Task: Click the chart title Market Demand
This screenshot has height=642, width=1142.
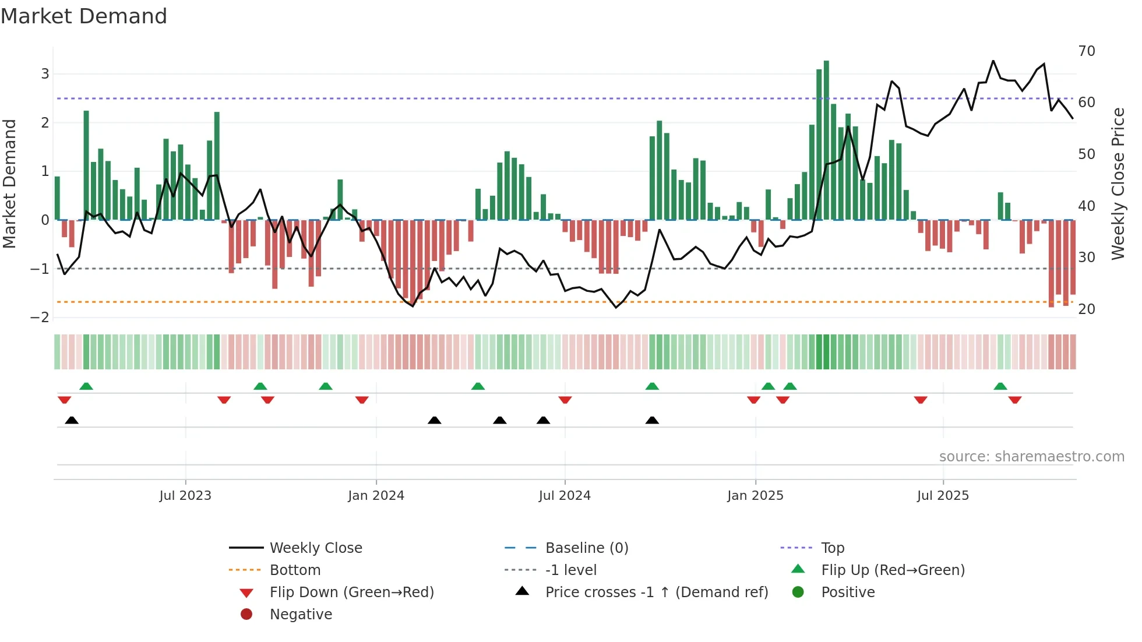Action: point(84,16)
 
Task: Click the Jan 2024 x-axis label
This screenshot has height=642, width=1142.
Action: point(376,496)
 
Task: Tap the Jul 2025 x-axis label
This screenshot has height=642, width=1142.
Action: point(943,496)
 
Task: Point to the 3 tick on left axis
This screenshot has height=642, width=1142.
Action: point(45,74)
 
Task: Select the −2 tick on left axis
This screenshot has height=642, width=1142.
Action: point(40,318)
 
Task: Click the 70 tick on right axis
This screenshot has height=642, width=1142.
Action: point(1087,51)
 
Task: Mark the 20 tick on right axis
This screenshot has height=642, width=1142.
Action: point(1087,309)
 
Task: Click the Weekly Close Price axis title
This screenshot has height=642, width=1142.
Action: point(1118,184)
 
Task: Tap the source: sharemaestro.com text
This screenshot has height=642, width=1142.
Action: point(1031,457)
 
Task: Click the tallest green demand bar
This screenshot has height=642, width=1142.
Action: point(826,140)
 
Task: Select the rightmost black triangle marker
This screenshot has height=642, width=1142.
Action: point(652,420)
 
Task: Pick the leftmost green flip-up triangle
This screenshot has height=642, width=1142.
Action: point(86,386)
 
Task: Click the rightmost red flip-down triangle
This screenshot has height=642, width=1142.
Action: point(1015,400)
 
